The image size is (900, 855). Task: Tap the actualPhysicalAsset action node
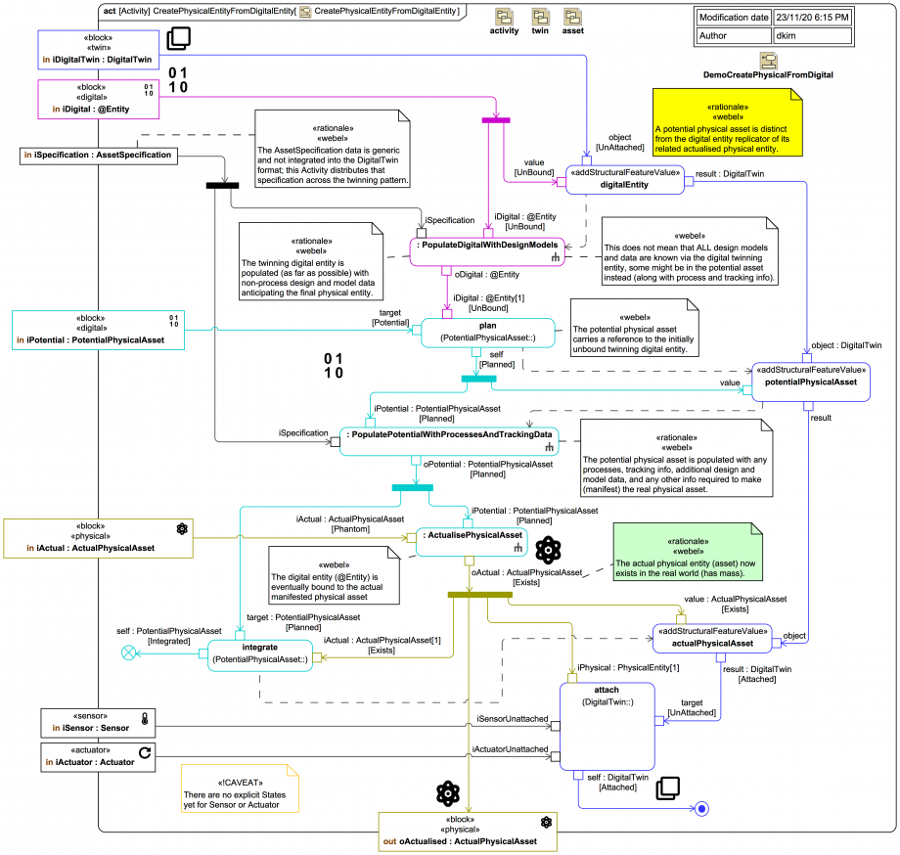tap(713, 638)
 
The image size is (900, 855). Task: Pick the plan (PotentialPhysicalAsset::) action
tap(488, 332)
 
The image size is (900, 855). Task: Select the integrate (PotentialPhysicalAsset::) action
tap(259, 653)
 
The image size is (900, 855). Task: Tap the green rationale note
tap(687, 553)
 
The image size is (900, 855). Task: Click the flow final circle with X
tap(127, 653)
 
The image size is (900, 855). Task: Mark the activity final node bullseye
tap(700, 809)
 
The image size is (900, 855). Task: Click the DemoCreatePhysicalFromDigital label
tap(768, 74)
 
